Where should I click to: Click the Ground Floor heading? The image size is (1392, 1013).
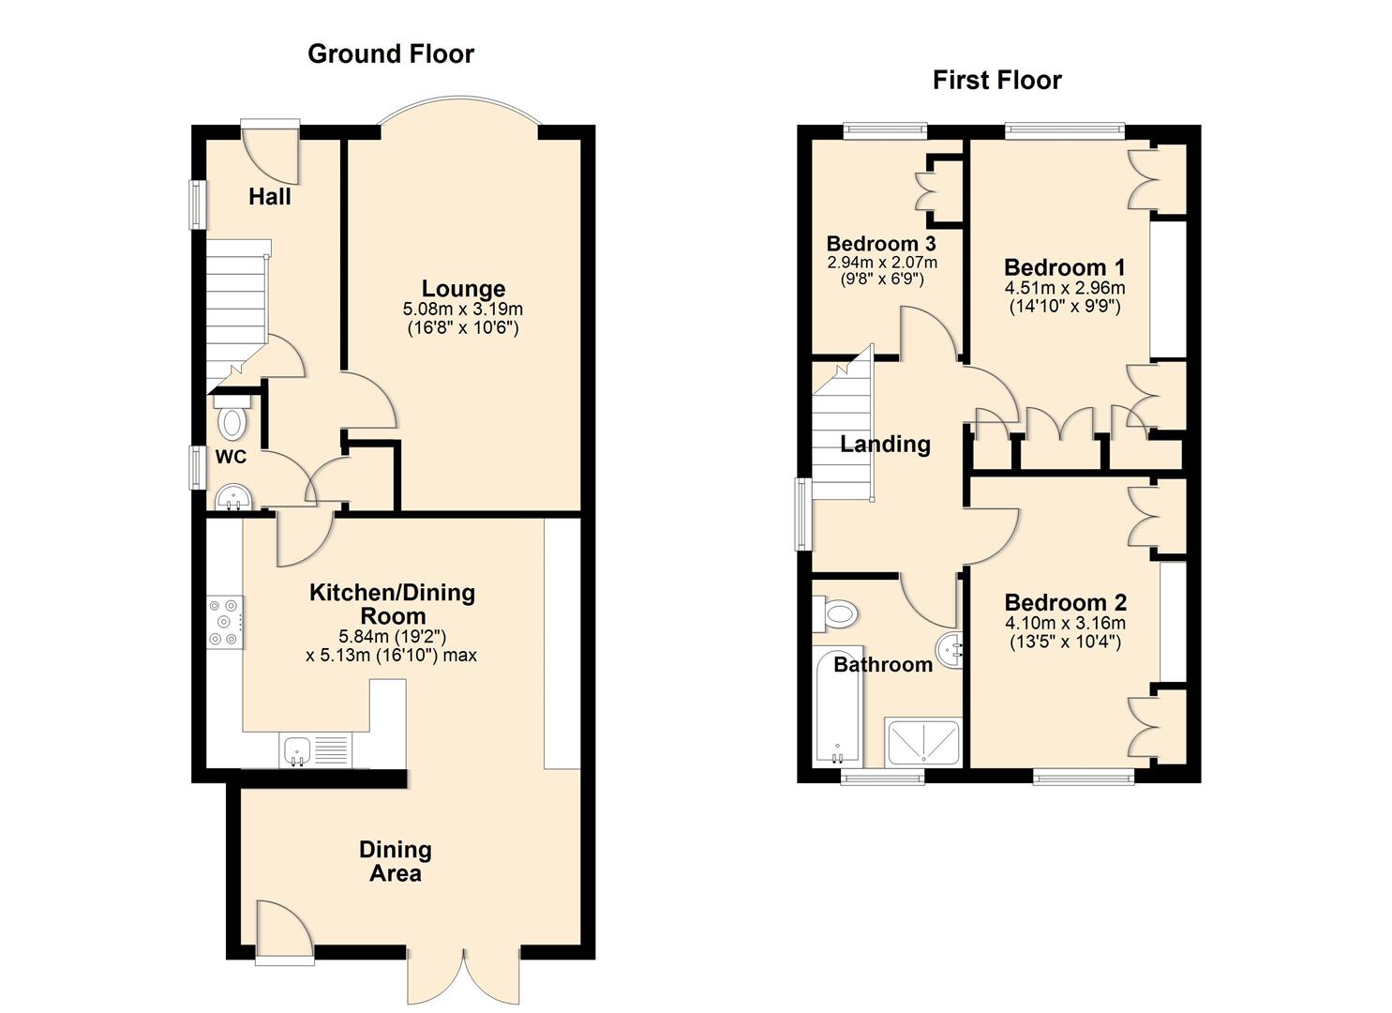pos(390,54)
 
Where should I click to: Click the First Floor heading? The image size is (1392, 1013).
pos(996,81)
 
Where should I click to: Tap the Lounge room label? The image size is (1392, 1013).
pos(463,289)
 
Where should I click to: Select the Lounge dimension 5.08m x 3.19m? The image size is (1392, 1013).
pos(463,310)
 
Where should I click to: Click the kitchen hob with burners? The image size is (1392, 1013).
pos(225,621)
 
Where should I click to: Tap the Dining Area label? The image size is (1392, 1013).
pos(396,861)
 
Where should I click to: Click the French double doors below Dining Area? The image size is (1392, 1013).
pos(464,975)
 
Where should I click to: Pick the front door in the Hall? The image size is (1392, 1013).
pos(271,152)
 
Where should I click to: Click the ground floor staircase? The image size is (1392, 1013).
pos(236,310)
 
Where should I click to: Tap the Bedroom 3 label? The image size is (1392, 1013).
pos(881,244)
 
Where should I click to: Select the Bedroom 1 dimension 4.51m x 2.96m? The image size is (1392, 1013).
pos(1064,288)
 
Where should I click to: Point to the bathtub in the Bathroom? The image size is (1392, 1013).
pos(836,708)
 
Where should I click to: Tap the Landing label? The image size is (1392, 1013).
pos(885,445)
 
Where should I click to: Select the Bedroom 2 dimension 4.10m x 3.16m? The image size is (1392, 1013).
pos(1065,624)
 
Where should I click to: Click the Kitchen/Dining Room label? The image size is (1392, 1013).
pos(393,604)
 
